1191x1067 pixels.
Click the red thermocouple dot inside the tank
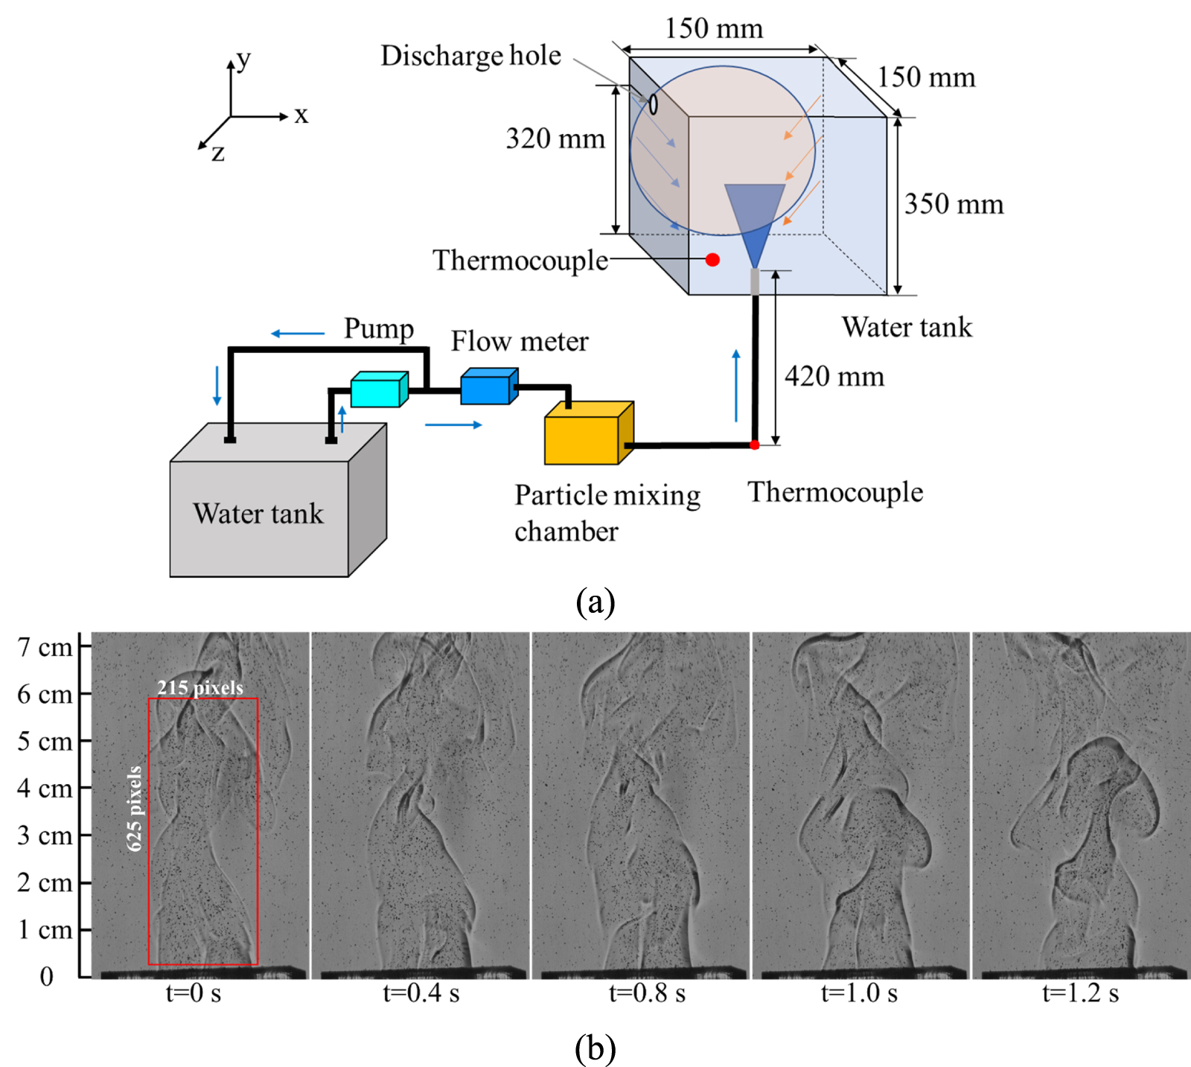[712, 260]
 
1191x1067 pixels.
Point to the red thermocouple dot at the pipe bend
[754, 445]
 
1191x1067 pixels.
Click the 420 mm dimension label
[834, 377]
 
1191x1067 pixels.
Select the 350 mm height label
[954, 204]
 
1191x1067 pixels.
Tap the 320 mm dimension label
[555, 138]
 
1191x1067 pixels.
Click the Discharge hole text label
[470, 56]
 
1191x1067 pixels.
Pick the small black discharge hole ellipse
[653, 103]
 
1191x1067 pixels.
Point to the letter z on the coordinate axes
[217, 153]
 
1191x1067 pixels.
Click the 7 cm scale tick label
[45, 648]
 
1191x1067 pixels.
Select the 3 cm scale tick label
[45, 835]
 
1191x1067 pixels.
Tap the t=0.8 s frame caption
[647, 993]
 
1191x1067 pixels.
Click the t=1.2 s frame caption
[1080, 993]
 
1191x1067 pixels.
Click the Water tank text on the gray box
[258, 514]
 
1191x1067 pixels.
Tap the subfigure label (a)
[595, 602]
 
